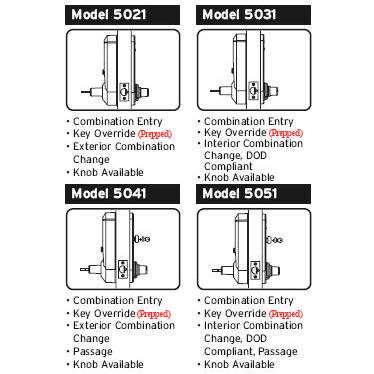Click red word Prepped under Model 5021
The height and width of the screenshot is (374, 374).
[153, 133]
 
